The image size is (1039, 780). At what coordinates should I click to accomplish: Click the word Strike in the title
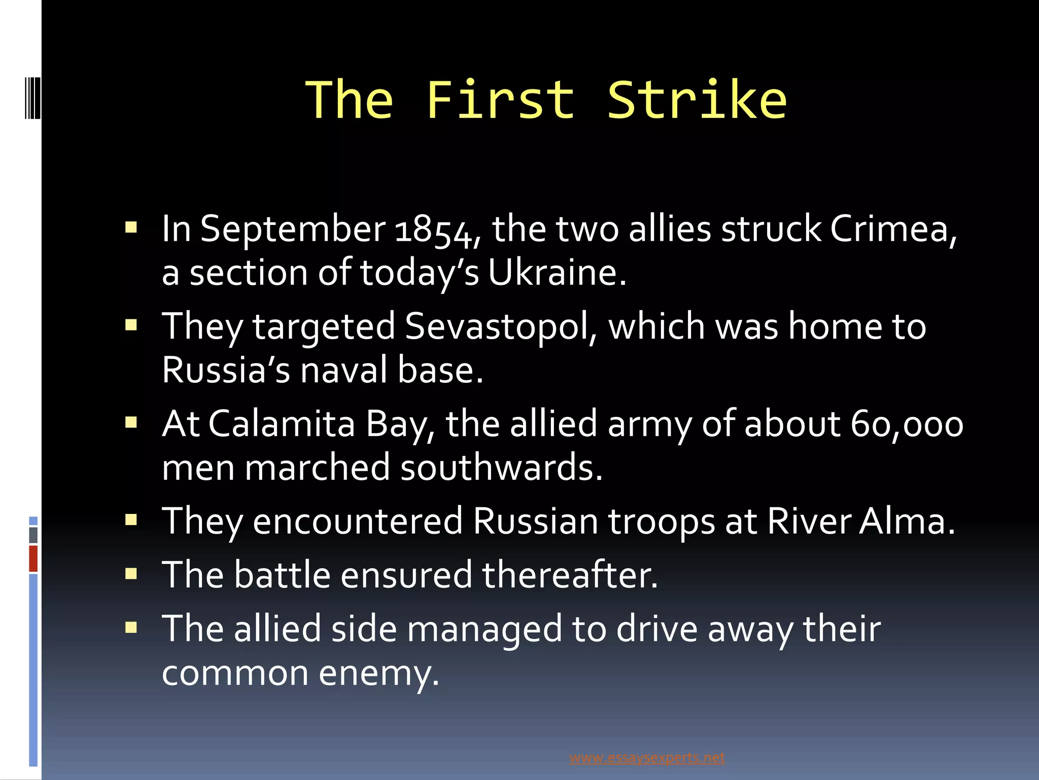click(x=697, y=101)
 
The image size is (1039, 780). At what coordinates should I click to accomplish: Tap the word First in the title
click(x=500, y=101)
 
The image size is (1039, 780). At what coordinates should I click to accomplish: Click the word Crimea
click(x=893, y=229)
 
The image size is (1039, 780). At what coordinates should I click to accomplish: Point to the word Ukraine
click(x=557, y=273)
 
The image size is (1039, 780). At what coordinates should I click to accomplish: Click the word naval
click(x=344, y=370)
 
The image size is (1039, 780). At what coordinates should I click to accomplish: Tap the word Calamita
click(x=282, y=424)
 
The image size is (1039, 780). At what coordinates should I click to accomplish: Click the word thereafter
click(x=569, y=575)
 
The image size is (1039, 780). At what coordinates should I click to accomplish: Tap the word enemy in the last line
click(x=378, y=673)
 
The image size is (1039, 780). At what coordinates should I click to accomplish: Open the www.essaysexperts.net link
click(x=647, y=758)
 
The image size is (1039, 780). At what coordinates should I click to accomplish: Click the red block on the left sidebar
click(x=33, y=559)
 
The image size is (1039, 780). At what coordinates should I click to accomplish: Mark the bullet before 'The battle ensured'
click(x=131, y=574)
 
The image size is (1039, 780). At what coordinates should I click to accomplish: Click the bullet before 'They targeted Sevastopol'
click(x=131, y=325)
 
